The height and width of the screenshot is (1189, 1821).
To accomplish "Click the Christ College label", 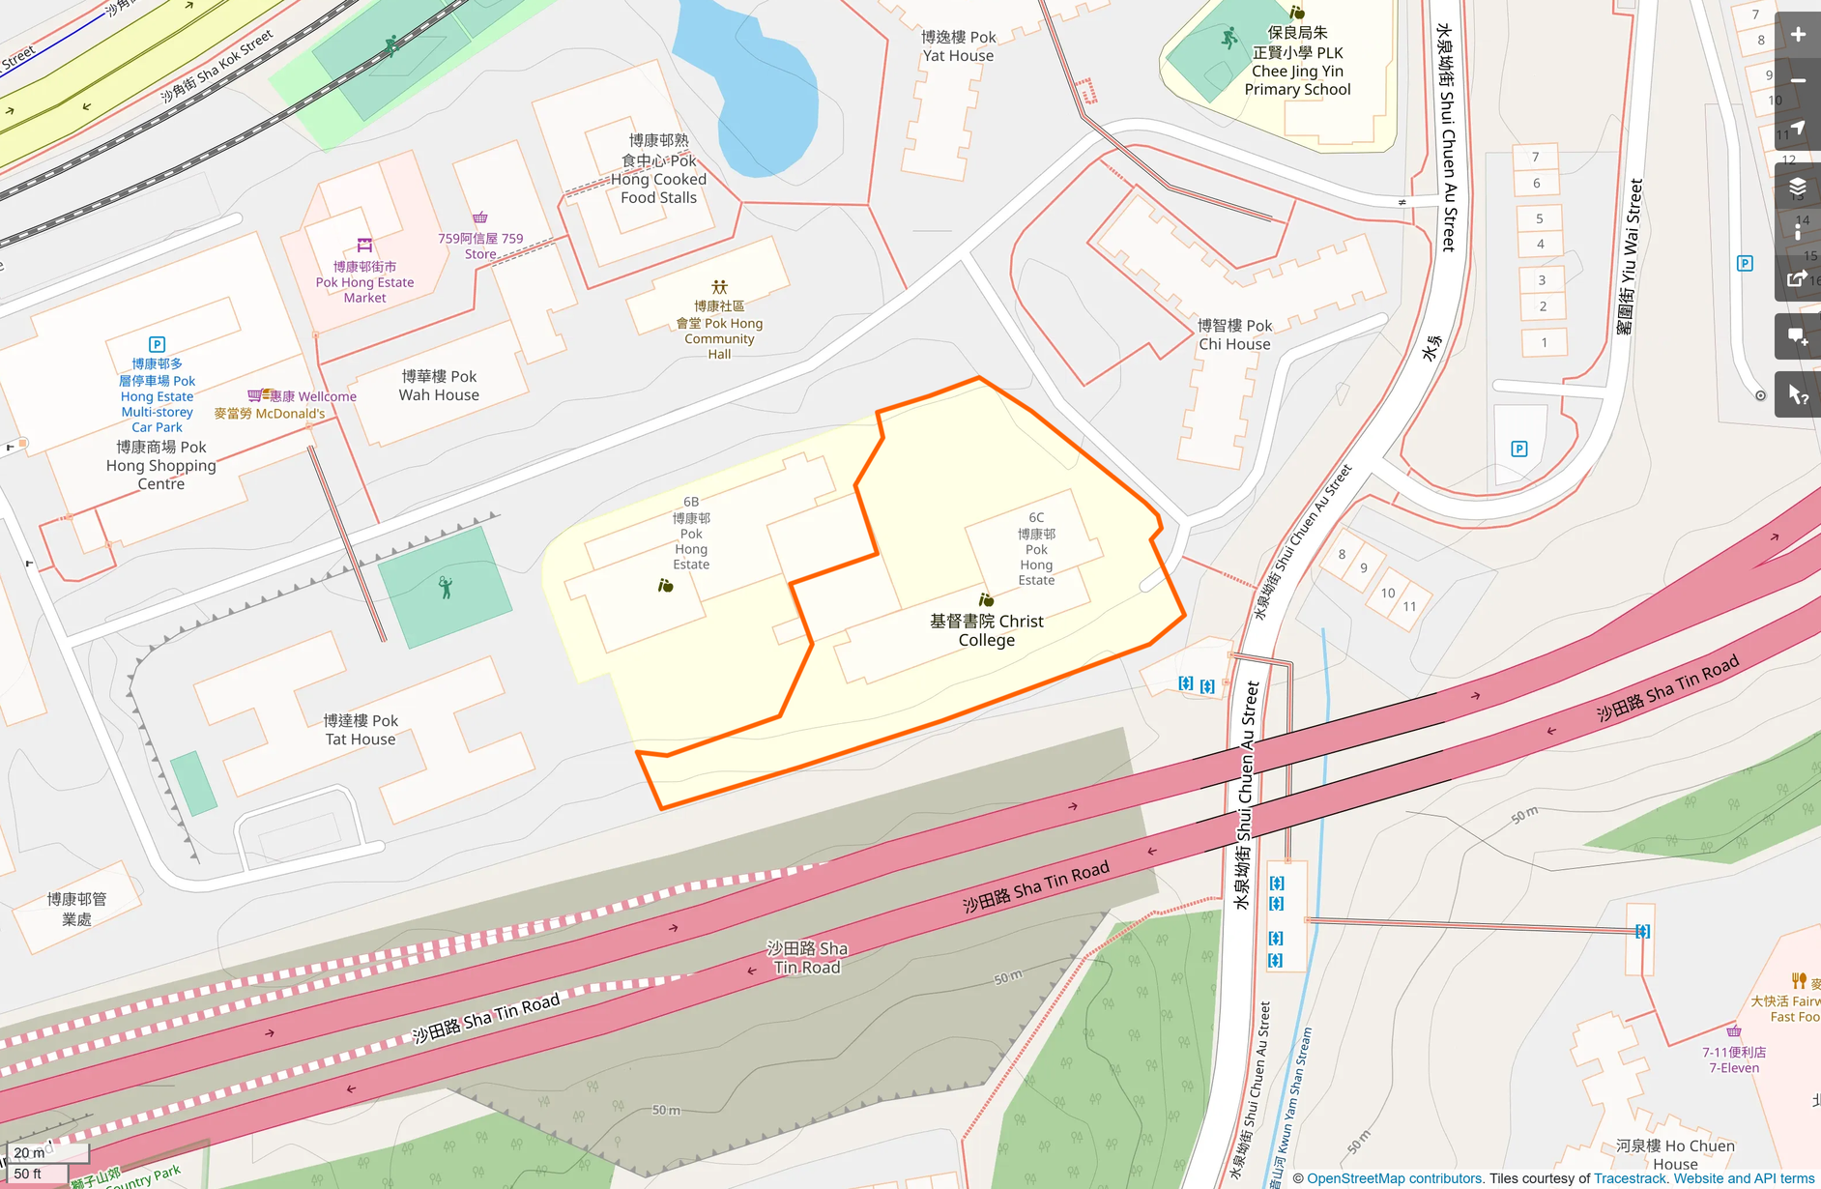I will click(986, 630).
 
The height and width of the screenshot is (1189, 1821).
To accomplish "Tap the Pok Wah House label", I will click(439, 386).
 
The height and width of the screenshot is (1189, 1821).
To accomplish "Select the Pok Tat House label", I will click(361, 730).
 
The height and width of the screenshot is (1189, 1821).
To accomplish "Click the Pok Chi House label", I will click(1234, 334).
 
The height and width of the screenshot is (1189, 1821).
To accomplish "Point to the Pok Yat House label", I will click(958, 46).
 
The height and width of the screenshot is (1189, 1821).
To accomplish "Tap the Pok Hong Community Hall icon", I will click(719, 287).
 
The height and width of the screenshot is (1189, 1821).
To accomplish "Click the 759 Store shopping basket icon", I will click(480, 217).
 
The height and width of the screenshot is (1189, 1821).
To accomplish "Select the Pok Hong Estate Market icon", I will click(364, 245).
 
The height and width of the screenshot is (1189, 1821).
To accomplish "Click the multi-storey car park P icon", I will click(157, 344).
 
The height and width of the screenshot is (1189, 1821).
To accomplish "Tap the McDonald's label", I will click(269, 414).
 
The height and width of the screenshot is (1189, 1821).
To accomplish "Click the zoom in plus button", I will click(1798, 35).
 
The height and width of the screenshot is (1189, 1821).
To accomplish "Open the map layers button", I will click(1798, 186).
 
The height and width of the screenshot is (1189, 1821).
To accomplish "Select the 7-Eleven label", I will click(1734, 1059).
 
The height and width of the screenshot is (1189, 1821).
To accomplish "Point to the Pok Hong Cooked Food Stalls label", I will click(658, 169).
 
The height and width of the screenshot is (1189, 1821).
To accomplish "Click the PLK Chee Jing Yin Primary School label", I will click(1297, 62).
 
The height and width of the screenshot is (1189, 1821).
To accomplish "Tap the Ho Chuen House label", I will click(1675, 1154).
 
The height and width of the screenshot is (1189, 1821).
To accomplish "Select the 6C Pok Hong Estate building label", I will click(1036, 549).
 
